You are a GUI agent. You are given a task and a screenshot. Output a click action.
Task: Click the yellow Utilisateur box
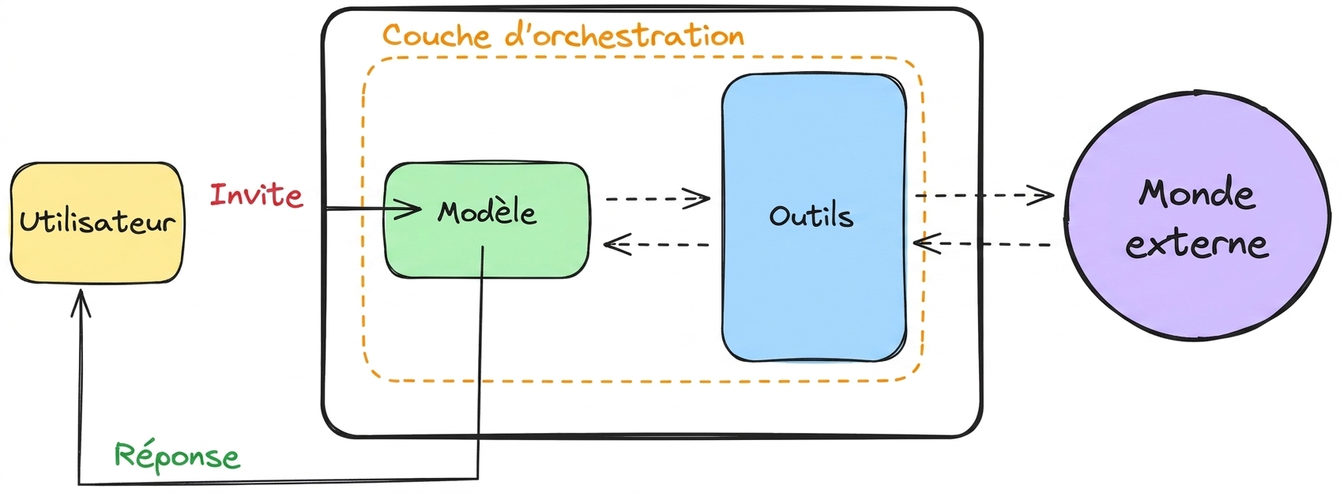pyautogui.click(x=97, y=223)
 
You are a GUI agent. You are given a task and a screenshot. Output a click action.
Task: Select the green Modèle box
pyautogui.click(x=487, y=220)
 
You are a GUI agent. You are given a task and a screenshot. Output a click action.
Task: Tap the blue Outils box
pyautogui.click(x=814, y=218)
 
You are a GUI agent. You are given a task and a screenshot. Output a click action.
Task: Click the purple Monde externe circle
pyautogui.click(x=1199, y=216)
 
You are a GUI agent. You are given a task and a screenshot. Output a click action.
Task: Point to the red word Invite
pyautogui.click(x=256, y=196)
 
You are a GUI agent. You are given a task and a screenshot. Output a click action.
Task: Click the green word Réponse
pyautogui.click(x=177, y=457)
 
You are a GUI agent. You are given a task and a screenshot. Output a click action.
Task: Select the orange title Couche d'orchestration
pyautogui.click(x=563, y=35)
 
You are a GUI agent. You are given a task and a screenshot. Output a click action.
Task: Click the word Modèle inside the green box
pyautogui.click(x=487, y=213)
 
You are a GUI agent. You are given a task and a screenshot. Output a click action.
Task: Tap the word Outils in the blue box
pyautogui.click(x=811, y=216)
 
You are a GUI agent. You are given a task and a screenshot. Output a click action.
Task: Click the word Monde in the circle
pyautogui.click(x=1197, y=194)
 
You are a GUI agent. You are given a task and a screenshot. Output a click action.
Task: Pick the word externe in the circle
pyautogui.click(x=1197, y=244)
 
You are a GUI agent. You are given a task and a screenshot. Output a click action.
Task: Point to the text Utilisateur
pyautogui.click(x=97, y=222)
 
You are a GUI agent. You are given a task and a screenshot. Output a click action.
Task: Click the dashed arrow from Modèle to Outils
pyautogui.click(x=657, y=198)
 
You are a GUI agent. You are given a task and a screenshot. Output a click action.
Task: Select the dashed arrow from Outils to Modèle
pyautogui.click(x=657, y=244)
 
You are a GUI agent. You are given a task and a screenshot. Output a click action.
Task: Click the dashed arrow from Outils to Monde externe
pyautogui.click(x=984, y=195)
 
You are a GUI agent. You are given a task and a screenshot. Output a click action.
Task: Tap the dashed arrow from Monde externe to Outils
pyautogui.click(x=982, y=244)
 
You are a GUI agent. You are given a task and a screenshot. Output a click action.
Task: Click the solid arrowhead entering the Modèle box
pyautogui.click(x=408, y=209)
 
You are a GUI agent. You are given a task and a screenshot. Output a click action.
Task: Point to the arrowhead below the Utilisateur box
pyautogui.click(x=81, y=303)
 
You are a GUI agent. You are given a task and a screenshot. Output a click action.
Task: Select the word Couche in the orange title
pyautogui.click(x=436, y=36)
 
